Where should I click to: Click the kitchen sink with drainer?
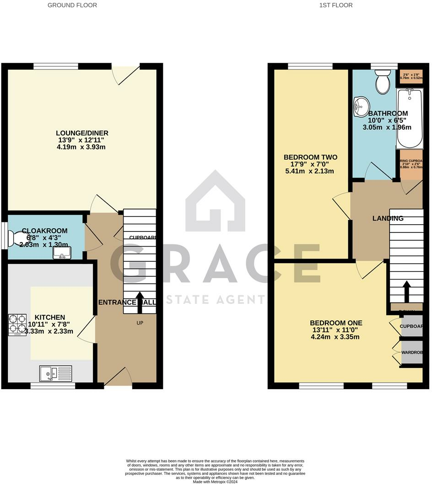(x=55, y=374)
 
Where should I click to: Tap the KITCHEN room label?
(x=50, y=317)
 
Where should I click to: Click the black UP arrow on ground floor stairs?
(x=139, y=300)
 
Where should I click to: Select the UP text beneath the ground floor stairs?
(x=140, y=323)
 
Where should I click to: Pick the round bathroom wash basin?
(x=362, y=107)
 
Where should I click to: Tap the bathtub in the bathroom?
(x=410, y=118)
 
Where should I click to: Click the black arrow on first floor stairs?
(x=406, y=290)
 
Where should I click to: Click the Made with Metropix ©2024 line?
(x=216, y=482)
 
